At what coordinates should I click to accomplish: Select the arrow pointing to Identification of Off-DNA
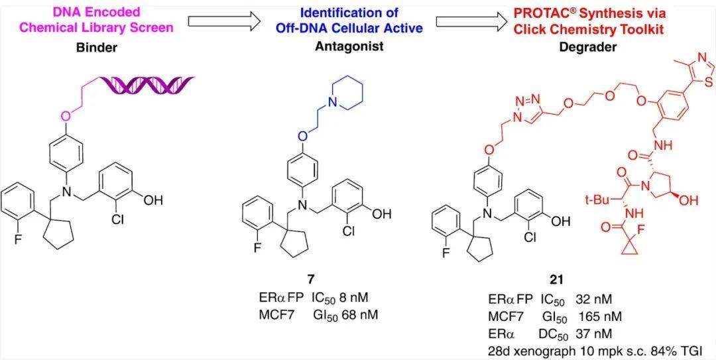pyautogui.click(x=224, y=21)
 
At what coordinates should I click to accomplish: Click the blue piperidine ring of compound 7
pyautogui.click(x=349, y=90)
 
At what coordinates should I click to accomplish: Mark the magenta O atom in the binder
pyautogui.click(x=66, y=117)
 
